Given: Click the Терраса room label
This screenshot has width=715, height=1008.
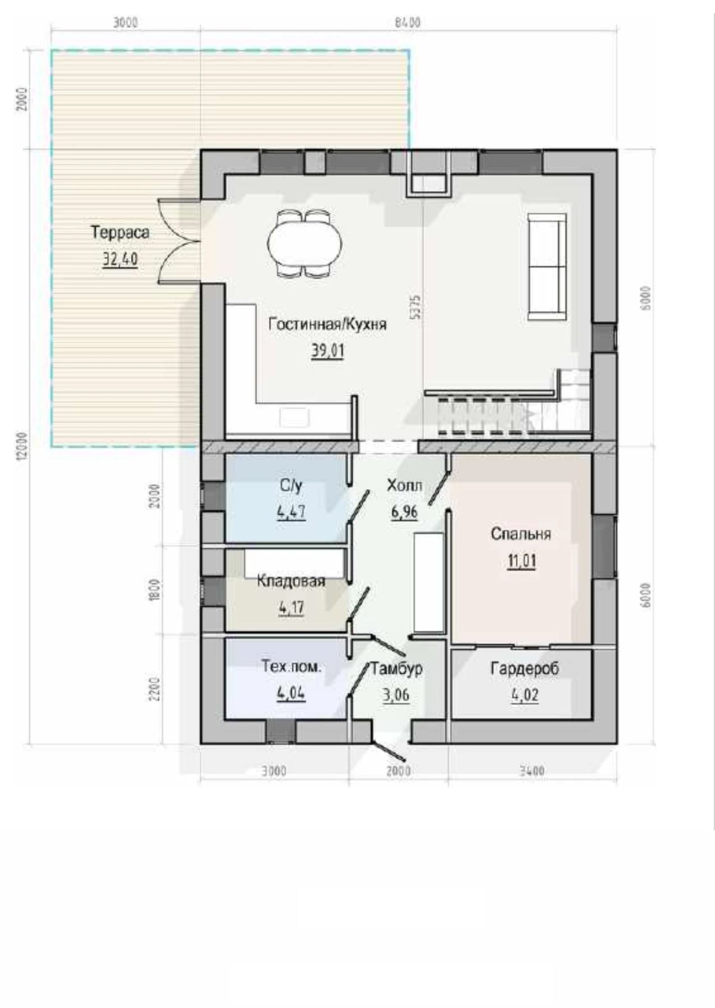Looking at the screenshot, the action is (120, 232).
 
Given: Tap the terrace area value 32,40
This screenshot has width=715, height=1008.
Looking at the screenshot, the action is (120, 259).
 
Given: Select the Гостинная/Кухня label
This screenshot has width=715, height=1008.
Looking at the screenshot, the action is (328, 324).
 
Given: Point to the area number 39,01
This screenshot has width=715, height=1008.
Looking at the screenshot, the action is (328, 351).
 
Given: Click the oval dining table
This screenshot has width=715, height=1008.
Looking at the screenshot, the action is (305, 244).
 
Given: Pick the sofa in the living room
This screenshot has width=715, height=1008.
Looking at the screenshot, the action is (547, 267).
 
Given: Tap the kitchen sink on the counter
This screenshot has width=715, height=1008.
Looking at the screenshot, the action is (295, 417).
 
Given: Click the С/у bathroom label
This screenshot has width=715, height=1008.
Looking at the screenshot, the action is (291, 486).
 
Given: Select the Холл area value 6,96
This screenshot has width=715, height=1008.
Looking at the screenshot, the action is (404, 512).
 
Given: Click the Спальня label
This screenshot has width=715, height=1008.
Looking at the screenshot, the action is (521, 534).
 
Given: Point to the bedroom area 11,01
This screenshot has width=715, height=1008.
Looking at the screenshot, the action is (521, 561).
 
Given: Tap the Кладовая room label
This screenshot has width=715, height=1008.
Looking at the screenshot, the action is (291, 581).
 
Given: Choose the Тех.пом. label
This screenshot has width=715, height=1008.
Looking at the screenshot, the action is (291, 666).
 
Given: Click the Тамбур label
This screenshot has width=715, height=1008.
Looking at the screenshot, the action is (397, 668).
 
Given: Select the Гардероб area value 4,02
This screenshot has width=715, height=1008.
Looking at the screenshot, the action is (525, 696).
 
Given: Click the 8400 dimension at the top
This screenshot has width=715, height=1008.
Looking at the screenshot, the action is (407, 22).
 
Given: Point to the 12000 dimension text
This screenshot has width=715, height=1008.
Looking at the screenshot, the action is (21, 446).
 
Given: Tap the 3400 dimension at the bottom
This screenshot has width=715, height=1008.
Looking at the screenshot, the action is (532, 771).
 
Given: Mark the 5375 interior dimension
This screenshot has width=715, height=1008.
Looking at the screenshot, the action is (415, 307).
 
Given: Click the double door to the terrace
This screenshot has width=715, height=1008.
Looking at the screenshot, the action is (179, 241).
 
